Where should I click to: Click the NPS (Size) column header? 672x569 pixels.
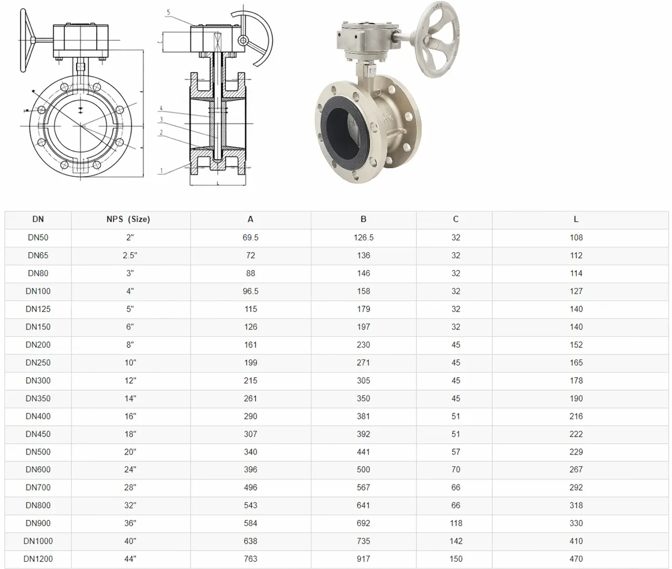128,219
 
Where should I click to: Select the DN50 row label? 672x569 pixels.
38,238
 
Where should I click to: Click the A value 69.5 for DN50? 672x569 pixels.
250,238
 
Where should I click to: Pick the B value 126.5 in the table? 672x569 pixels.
363,238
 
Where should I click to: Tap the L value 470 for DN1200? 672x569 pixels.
576,559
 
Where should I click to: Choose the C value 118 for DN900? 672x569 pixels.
455,523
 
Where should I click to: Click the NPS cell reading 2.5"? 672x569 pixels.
130,255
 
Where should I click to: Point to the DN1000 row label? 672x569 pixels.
38,541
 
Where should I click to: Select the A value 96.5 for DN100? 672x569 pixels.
250,291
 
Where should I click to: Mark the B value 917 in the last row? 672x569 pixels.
363,559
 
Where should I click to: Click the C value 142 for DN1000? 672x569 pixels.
455,541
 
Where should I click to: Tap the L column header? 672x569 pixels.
576,219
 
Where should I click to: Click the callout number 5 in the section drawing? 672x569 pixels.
168,12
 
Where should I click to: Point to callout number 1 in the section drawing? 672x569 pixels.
161,171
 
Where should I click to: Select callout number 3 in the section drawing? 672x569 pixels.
161,120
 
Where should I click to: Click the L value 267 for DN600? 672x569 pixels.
576,470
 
